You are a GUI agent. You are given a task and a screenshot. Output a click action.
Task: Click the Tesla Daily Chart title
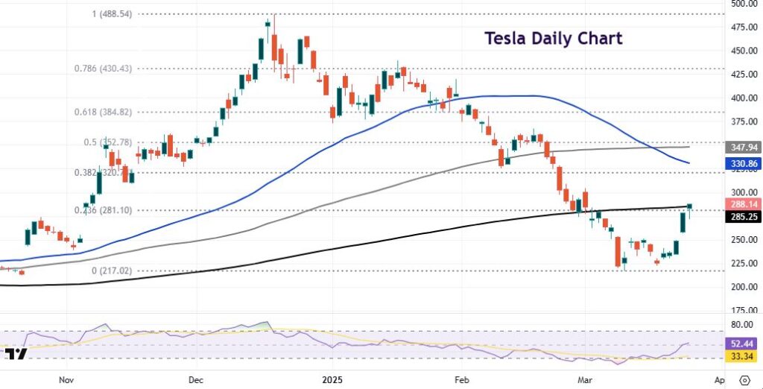553,38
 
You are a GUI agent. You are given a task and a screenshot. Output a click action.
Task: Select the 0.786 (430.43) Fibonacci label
103,68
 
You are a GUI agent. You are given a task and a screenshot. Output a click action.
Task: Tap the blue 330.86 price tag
744,162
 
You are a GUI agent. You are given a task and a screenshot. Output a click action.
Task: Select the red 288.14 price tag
744,203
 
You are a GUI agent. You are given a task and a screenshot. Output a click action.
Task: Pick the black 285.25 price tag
744,218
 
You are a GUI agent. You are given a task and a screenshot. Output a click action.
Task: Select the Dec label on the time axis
197,379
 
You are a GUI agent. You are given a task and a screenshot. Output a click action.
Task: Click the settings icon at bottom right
744,379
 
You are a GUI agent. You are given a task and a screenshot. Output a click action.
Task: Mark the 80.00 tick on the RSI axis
741,325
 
